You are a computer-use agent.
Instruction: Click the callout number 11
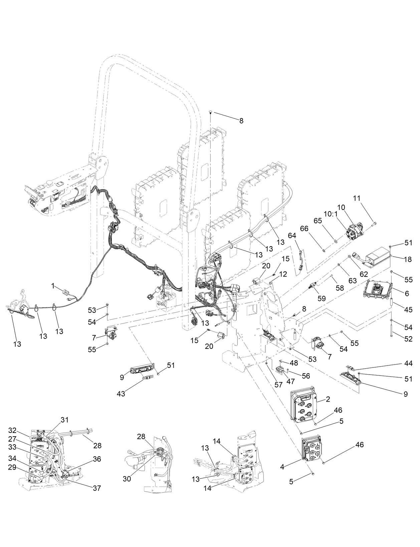coord(357,198)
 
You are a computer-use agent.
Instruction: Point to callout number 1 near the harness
coord(53,286)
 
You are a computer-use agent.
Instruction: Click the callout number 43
coord(121,394)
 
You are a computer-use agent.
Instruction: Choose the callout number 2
coord(328,399)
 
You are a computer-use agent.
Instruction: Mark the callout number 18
coord(408,259)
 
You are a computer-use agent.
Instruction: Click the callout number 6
coord(407,294)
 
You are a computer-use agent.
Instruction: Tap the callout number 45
coord(408,310)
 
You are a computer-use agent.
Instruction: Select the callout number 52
coord(408,339)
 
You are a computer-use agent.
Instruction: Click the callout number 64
coord(292,236)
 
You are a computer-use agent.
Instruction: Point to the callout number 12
coord(283,274)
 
